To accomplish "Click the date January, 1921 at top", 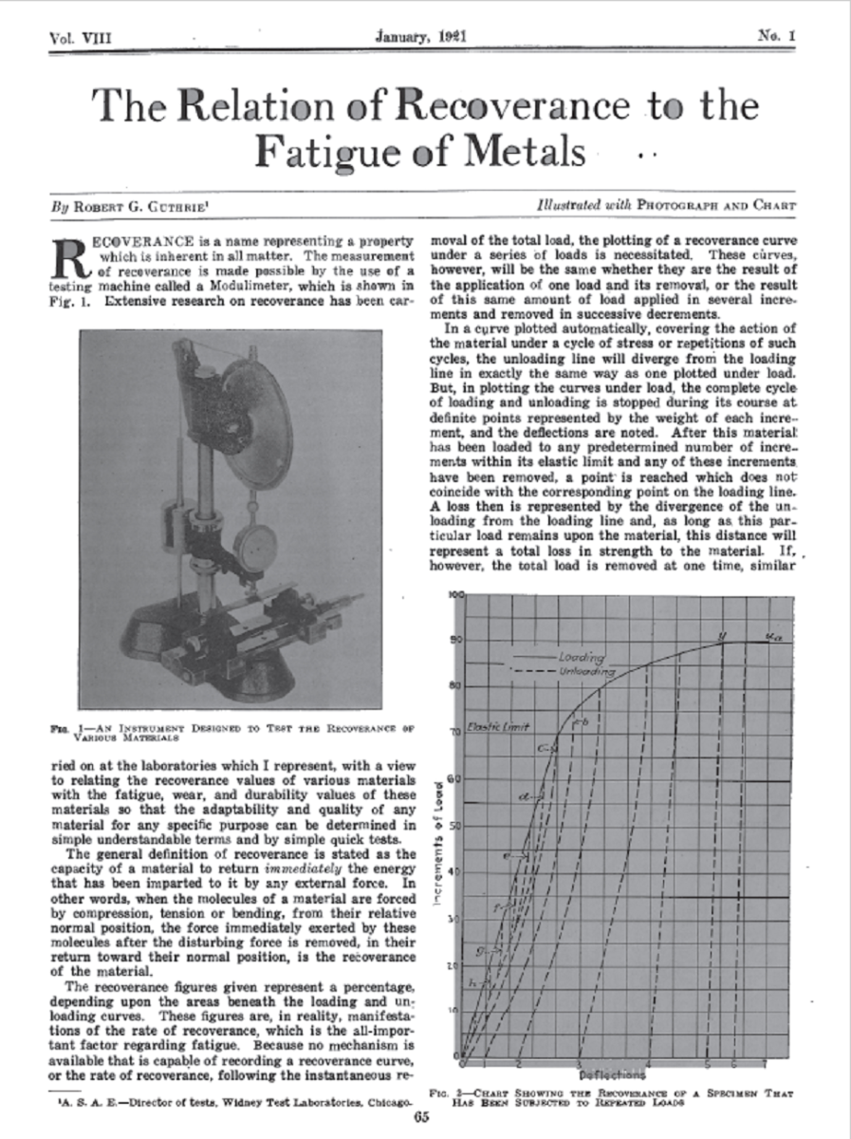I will (x=424, y=37).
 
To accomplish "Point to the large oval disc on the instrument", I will (x=258, y=431).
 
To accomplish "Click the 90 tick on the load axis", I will (x=455, y=639).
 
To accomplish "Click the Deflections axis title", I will (x=612, y=1074).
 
